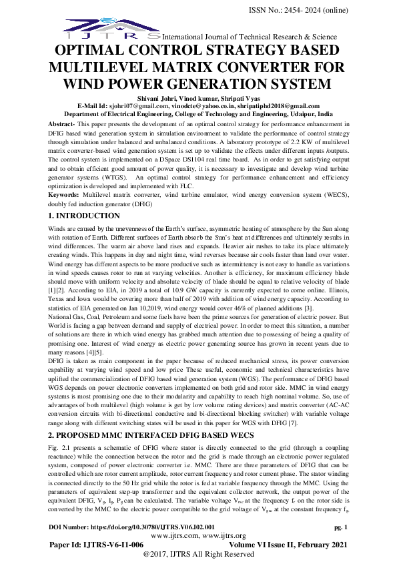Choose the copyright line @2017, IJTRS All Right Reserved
[x=198, y=554]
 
